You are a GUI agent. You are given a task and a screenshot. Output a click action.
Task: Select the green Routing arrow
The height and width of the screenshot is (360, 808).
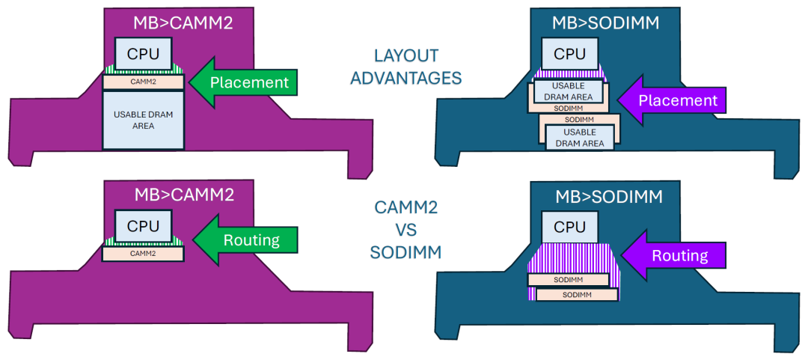click(246, 240)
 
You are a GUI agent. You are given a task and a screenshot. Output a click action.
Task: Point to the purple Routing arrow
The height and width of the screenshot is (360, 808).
click(674, 256)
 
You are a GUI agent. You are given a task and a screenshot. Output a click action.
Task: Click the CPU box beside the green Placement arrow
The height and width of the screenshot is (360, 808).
click(143, 54)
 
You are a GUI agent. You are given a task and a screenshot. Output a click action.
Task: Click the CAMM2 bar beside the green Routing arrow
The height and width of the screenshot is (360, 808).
click(143, 254)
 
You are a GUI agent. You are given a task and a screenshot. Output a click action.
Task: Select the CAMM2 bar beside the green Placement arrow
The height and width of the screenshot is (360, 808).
click(143, 82)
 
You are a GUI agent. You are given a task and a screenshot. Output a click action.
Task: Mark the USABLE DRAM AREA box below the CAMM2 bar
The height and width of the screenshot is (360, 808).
click(143, 120)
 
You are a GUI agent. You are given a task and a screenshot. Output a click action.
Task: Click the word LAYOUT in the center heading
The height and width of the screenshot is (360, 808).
click(405, 56)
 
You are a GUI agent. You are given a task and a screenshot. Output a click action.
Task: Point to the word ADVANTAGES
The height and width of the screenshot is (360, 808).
click(405, 78)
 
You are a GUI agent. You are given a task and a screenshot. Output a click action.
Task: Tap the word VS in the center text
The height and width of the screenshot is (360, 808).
click(405, 231)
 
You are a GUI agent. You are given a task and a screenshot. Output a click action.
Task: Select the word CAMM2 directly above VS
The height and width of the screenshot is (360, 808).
click(405, 209)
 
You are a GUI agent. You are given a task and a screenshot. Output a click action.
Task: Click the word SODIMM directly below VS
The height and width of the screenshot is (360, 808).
click(405, 252)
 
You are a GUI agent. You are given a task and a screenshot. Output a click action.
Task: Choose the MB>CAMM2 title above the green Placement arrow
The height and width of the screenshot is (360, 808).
click(184, 23)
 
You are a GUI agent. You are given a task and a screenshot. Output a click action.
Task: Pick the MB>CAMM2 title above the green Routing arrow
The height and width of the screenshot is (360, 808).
click(184, 195)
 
